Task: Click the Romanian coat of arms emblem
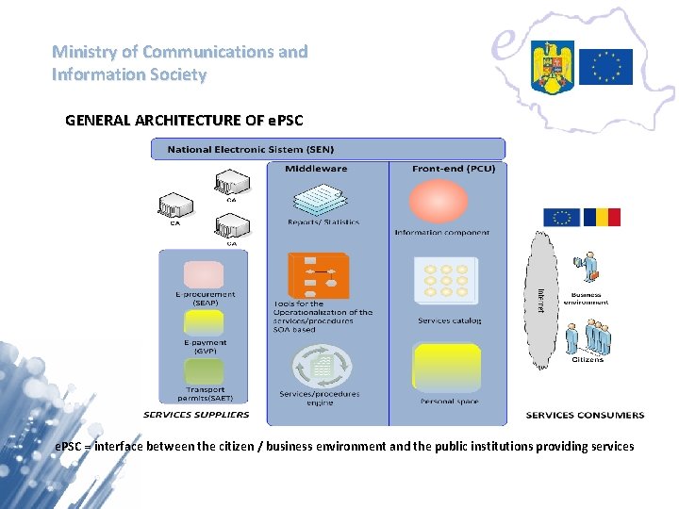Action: point(552,66)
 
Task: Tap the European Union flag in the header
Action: point(605,66)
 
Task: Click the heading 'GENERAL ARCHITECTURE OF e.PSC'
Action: point(184,121)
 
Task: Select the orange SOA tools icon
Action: point(319,275)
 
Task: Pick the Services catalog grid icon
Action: point(446,281)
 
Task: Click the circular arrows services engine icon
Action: point(320,364)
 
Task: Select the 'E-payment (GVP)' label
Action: point(205,346)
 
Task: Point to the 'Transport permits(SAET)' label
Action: point(205,393)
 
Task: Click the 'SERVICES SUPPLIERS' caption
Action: point(196,415)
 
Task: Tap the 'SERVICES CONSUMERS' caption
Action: point(585,415)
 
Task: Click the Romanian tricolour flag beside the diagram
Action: point(602,218)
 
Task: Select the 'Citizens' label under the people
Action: point(587,359)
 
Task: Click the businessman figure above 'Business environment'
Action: point(589,268)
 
